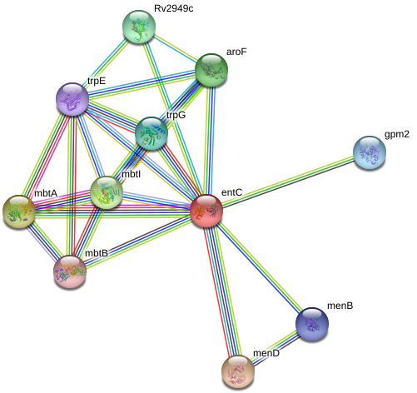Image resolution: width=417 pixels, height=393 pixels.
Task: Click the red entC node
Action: tap(206, 211)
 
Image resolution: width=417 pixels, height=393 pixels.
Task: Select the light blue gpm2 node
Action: tap(370, 152)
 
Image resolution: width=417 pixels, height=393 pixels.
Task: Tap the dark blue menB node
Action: tap(312, 324)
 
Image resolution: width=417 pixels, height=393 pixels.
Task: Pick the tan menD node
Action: tap(238, 371)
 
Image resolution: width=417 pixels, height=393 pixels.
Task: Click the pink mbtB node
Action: tap(70, 271)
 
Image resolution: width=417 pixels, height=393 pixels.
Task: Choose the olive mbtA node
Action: tap(19, 211)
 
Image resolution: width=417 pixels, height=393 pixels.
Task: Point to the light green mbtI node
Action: tap(107, 192)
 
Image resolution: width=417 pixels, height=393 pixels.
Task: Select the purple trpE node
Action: tap(72, 99)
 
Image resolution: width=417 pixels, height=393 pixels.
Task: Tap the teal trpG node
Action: tap(151, 133)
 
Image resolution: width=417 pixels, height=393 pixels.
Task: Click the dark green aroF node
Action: tap(211, 70)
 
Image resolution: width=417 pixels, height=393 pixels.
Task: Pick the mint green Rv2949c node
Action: tap(139, 27)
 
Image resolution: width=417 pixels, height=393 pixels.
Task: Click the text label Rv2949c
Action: tap(174, 8)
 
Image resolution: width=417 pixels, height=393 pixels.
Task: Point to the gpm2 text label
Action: tap(397, 135)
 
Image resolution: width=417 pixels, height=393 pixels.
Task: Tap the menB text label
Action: tap(340, 306)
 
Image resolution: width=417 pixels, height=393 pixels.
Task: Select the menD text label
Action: tap(266, 353)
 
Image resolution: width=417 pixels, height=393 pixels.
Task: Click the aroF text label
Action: tap(236, 52)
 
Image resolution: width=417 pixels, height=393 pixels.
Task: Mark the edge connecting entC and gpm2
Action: tap(288, 182)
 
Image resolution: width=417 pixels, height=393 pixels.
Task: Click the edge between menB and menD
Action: tap(276, 348)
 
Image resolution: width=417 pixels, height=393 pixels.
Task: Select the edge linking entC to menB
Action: tap(258, 266)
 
